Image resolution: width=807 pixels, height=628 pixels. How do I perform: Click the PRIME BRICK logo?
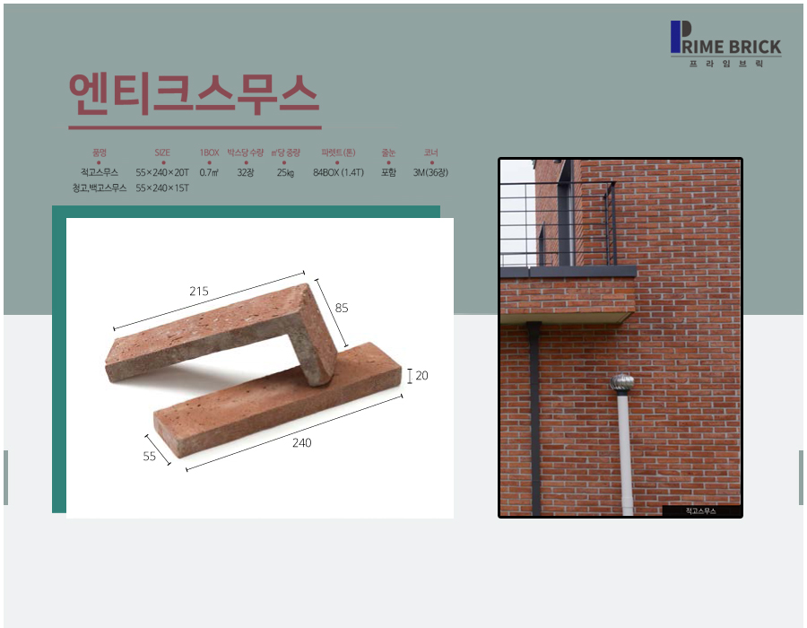tap(725, 44)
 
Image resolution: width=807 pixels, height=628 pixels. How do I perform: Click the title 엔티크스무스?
tap(194, 93)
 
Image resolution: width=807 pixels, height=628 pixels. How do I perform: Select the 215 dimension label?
tap(199, 292)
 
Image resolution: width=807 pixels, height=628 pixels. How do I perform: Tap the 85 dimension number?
tap(342, 308)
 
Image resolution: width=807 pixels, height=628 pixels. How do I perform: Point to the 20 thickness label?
tap(421, 376)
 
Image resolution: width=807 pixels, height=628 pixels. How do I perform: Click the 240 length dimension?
tap(301, 442)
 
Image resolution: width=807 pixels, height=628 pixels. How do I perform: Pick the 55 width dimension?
tap(149, 456)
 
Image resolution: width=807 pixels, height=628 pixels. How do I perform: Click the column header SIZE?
tap(162, 153)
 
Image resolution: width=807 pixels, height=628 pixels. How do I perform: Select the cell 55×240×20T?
tap(162, 172)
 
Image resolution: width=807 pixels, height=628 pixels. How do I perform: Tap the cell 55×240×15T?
tap(162, 188)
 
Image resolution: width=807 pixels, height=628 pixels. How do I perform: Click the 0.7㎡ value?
tap(209, 172)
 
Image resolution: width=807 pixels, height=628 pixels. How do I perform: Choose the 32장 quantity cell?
tap(246, 172)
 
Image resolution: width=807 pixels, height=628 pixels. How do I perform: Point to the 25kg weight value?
tap(286, 172)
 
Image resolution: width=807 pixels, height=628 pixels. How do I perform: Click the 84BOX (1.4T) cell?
tap(338, 172)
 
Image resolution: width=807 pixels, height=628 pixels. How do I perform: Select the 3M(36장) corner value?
tap(430, 172)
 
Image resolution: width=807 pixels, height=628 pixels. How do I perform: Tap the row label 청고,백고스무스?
tap(100, 188)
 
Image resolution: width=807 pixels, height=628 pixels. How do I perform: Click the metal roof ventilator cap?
tap(622, 383)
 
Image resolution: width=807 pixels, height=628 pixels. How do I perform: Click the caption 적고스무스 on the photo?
tap(700, 510)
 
